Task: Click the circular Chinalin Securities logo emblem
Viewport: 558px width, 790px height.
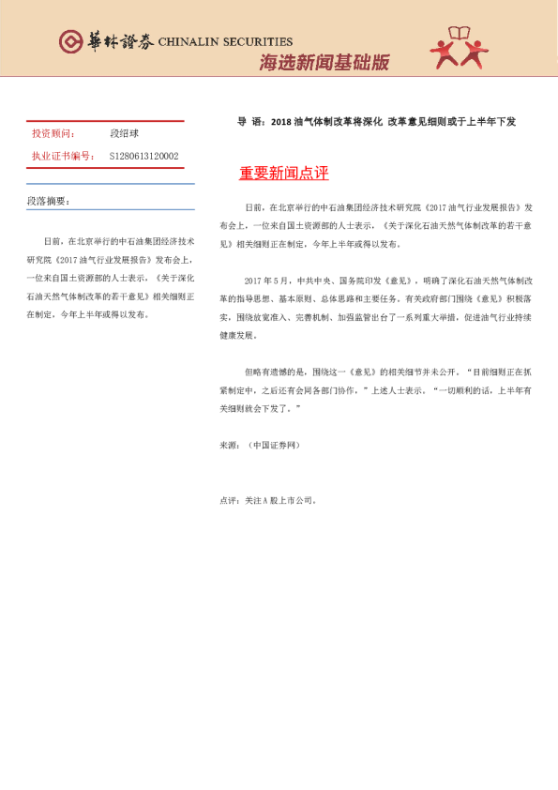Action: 69,41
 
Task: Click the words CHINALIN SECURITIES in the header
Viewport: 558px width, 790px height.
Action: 225,42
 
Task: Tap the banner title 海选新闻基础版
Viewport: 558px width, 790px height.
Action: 324,64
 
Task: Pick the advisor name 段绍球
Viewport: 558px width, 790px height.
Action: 123,134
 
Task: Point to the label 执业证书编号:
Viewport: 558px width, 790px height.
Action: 63,157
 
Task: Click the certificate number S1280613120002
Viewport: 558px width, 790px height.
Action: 143,157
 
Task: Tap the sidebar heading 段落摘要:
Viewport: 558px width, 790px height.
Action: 48,202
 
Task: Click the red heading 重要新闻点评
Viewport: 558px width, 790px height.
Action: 283,174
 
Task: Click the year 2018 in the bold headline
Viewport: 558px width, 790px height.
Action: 280,121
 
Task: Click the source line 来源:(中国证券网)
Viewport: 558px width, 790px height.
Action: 260,444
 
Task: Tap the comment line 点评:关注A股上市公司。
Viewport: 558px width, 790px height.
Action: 267,501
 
